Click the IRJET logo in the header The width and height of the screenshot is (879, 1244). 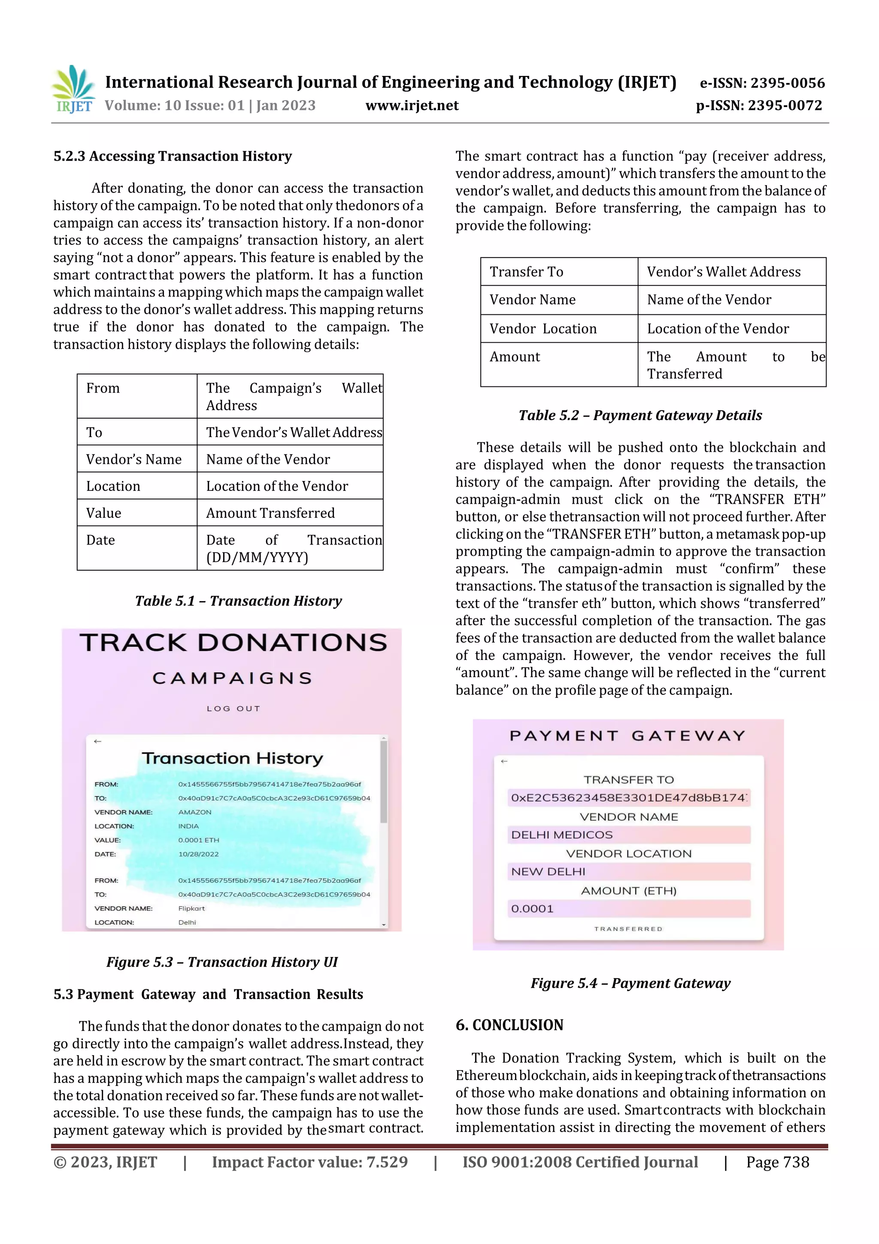pos(73,89)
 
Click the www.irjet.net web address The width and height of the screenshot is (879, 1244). pos(412,106)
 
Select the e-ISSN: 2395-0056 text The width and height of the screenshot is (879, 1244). pos(762,83)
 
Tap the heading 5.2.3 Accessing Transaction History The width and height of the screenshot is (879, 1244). pos(172,157)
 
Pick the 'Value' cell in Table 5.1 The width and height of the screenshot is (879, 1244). pos(104,513)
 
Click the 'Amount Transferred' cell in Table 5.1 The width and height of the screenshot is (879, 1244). pos(270,513)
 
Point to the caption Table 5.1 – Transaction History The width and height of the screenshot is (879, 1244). pos(238,601)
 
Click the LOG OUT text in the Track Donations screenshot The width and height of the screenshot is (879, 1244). pos(233,709)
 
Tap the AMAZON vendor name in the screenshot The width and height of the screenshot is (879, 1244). pos(195,812)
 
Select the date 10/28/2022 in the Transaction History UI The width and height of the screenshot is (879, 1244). pos(199,855)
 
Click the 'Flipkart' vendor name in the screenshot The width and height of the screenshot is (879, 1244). pos(192,909)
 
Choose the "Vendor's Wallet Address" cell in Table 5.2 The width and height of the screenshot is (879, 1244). pos(724,272)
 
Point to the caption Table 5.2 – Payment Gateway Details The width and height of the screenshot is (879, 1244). pos(640,416)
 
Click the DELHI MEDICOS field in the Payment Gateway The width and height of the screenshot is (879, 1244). pos(628,835)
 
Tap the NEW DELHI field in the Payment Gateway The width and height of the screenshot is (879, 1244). pos(628,872)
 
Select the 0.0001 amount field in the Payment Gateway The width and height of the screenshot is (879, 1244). pos(628,909)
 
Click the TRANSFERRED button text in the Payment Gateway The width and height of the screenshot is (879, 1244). pos(628,929)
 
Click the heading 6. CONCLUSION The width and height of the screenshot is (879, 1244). pos(509,1025)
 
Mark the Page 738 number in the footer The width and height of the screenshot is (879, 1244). pos(777,1162)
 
